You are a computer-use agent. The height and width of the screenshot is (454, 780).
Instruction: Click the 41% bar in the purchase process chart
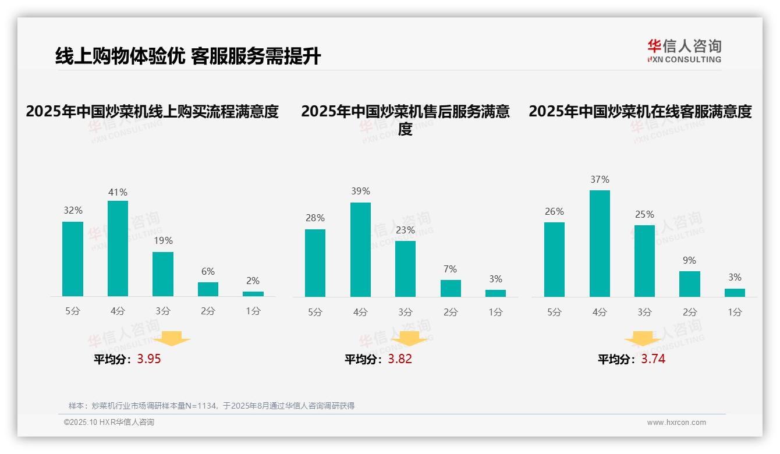(x=118, y=249)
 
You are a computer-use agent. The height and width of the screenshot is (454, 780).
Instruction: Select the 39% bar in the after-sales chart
(x=360, y=250)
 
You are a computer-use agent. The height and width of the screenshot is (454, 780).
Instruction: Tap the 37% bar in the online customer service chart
(x=600, y=243)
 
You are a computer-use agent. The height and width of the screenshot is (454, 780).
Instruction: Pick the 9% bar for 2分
(x=689, y=284)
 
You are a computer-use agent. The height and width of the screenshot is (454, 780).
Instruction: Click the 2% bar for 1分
(x=253, y=294)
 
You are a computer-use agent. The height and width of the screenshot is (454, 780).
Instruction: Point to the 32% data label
(x=73, y=211)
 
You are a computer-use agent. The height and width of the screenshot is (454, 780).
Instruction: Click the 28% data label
(x=315, y=218)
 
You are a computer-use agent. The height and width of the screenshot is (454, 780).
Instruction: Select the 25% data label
(x=644, y=214)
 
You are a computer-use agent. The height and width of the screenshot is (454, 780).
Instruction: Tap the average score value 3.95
(x=149, y=359)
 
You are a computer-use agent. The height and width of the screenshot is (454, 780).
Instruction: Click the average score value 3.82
(x=400, y=359)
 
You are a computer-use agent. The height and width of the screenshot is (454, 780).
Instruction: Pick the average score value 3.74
(x=653, y=359)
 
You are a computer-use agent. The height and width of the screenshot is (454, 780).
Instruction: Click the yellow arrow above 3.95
(x=172, y=338)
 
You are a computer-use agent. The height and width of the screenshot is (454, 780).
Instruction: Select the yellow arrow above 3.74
(x=643, y=338)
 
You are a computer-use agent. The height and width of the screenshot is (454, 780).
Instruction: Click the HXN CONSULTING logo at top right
(x=684, y=51)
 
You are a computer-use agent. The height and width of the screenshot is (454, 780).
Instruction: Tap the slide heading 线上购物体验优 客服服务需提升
(x=188, y=56)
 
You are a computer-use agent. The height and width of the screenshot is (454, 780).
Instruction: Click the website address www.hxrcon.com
(x=676, y=423)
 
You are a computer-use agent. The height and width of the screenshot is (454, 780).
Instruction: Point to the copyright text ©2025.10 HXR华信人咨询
(x=109, y=423)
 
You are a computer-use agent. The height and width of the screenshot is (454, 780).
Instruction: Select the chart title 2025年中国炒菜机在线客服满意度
(x=640, y=111)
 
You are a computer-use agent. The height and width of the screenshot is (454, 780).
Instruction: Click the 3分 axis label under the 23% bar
(x=405, y=312)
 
